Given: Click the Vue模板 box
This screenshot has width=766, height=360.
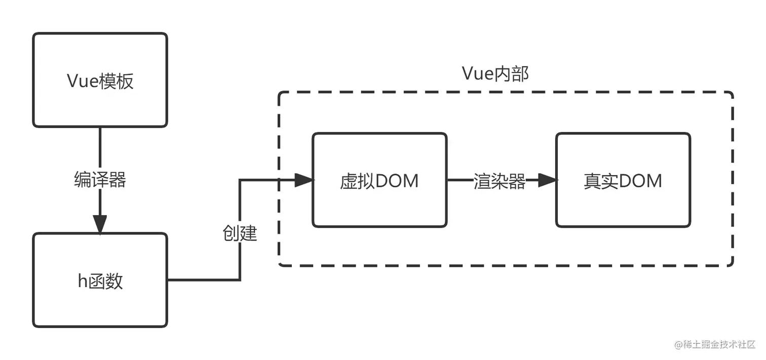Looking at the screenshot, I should pyautogui.click(x=100, y=80).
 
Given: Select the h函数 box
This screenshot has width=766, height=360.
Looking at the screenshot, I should pyautogui.click(x=100, y=280).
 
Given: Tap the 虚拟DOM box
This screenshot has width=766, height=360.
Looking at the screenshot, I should pyautogui.click(x=379, y=180).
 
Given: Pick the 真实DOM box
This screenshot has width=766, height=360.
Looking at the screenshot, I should pyautogui.click(x=623, y=180).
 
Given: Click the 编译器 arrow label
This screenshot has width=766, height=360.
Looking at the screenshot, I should pyautogui.click(x=100, y=180).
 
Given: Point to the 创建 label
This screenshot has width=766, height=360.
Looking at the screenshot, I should pyautogui.click(x=240, y=233).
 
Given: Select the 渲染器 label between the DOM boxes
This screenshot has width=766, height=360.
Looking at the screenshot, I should pyautogui.click(x=500, y=181).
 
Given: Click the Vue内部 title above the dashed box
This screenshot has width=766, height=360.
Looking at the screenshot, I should pyautogui.click(x=495, y=74).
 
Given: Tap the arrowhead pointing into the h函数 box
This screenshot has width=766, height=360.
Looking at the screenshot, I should pyautogui.click(x=100, y=224).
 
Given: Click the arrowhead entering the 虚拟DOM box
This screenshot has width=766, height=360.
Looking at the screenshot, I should pyautogui.click(x=303, y=180).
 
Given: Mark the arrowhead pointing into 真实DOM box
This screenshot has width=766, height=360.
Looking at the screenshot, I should pyautogui.click(x=547, y=180).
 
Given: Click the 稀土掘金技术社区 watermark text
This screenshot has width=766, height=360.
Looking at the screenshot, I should pyautogui.click(x=719, y=344).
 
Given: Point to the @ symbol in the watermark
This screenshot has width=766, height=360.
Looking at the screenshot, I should pyautogui.click(x=678, y=344).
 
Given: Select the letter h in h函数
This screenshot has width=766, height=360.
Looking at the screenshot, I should pyautogui.click(x=83, y=281).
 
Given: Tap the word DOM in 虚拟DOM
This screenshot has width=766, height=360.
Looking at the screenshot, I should pyautogui.click(x=397, y=180).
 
